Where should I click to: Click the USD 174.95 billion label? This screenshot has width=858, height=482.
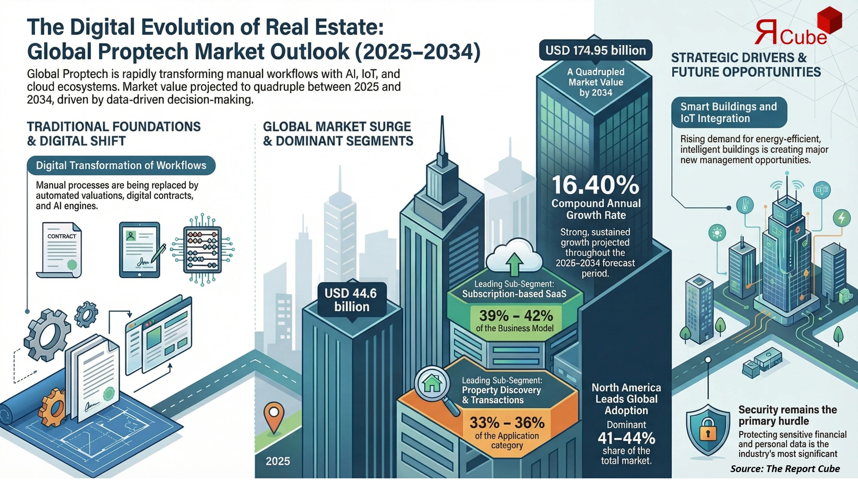coord(595,51)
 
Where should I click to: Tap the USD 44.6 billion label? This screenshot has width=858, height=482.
coord(351,300)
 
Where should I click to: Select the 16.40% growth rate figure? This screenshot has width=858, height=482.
coord(595,185)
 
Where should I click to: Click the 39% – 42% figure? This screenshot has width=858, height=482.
coord(516,316)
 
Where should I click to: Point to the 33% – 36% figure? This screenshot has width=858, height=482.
coord(507,422)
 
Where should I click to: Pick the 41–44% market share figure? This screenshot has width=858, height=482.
coord(626,438)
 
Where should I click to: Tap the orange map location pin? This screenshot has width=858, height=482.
coord(273,416)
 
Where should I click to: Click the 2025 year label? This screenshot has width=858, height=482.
coord(278,461)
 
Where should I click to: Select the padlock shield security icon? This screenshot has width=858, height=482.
coord(708,430)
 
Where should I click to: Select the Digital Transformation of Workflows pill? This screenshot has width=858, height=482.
coord(121,165)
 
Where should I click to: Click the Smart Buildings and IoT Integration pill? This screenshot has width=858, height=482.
coord(729,112)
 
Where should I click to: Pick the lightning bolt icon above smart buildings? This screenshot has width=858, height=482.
coord(841,217)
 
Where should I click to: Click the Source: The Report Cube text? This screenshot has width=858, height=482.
coord(784,468)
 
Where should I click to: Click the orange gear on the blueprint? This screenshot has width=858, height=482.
coord(53,408)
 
